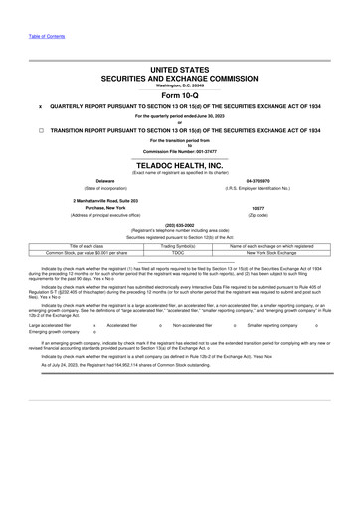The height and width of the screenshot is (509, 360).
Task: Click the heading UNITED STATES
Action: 179,71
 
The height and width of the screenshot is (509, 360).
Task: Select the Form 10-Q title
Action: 179,94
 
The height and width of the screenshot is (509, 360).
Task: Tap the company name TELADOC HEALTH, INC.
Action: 179,164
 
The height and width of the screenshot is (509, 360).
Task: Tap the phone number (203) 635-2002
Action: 179,225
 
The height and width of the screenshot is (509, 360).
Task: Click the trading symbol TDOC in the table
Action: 179,252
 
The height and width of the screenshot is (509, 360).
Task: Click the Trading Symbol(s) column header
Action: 179,245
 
